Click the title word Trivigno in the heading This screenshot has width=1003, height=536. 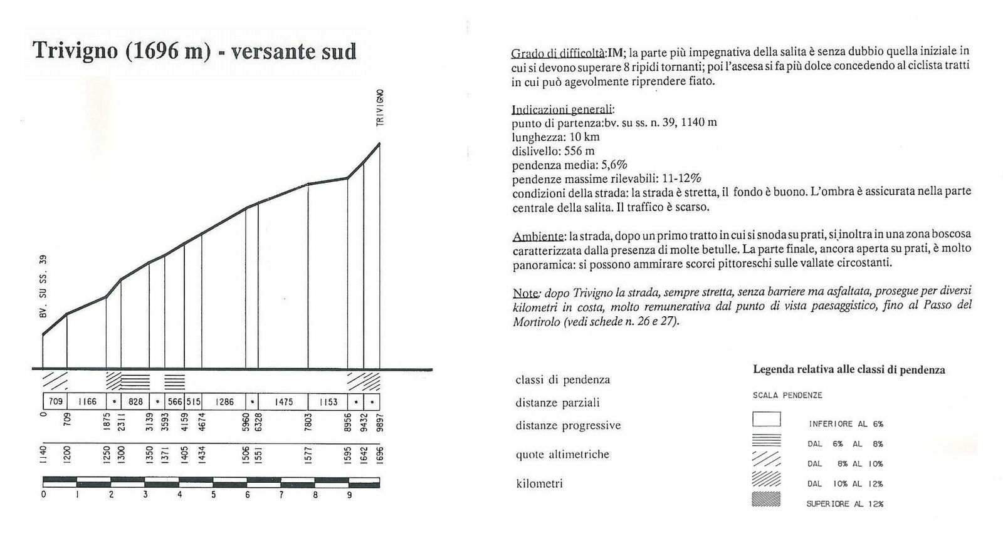pyautogui.click(x=75, y=51)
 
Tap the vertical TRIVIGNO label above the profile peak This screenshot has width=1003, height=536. pyautogui.click(x=380, y=108)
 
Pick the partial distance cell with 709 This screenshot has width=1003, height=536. pyautogui.click(x=55, y=401)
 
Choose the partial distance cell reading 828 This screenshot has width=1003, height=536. pyautogui.click(x=135, y=401)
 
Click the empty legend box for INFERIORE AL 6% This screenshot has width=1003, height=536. pyautogui.click(x=766, y=419)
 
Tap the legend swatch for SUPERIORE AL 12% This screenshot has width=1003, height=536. pyautogui.click(x=766, y=500)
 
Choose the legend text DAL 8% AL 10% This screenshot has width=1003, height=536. pyautogui.click(x=845, y=464)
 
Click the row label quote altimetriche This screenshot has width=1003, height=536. pyautogui.click(x=562, y=455)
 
